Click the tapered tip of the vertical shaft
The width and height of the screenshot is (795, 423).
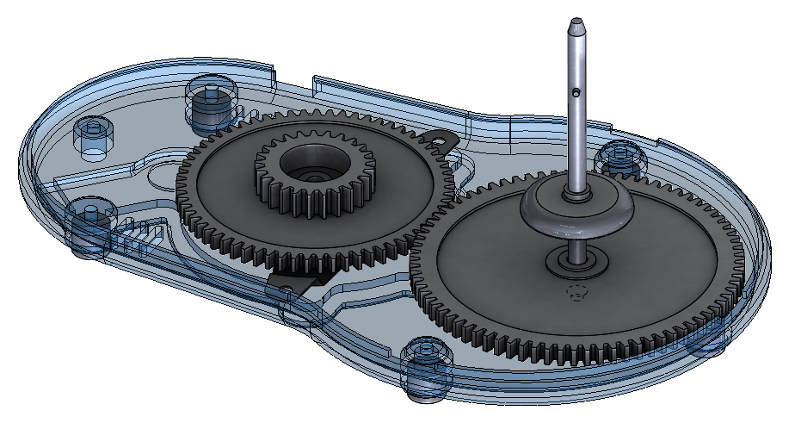[576, 24]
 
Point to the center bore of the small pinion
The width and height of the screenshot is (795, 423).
[308, 164]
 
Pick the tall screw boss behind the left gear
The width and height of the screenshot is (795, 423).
[211, 103]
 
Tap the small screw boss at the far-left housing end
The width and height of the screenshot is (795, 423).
[92, 138]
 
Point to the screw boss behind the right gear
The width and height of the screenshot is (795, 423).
[619, 157]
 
